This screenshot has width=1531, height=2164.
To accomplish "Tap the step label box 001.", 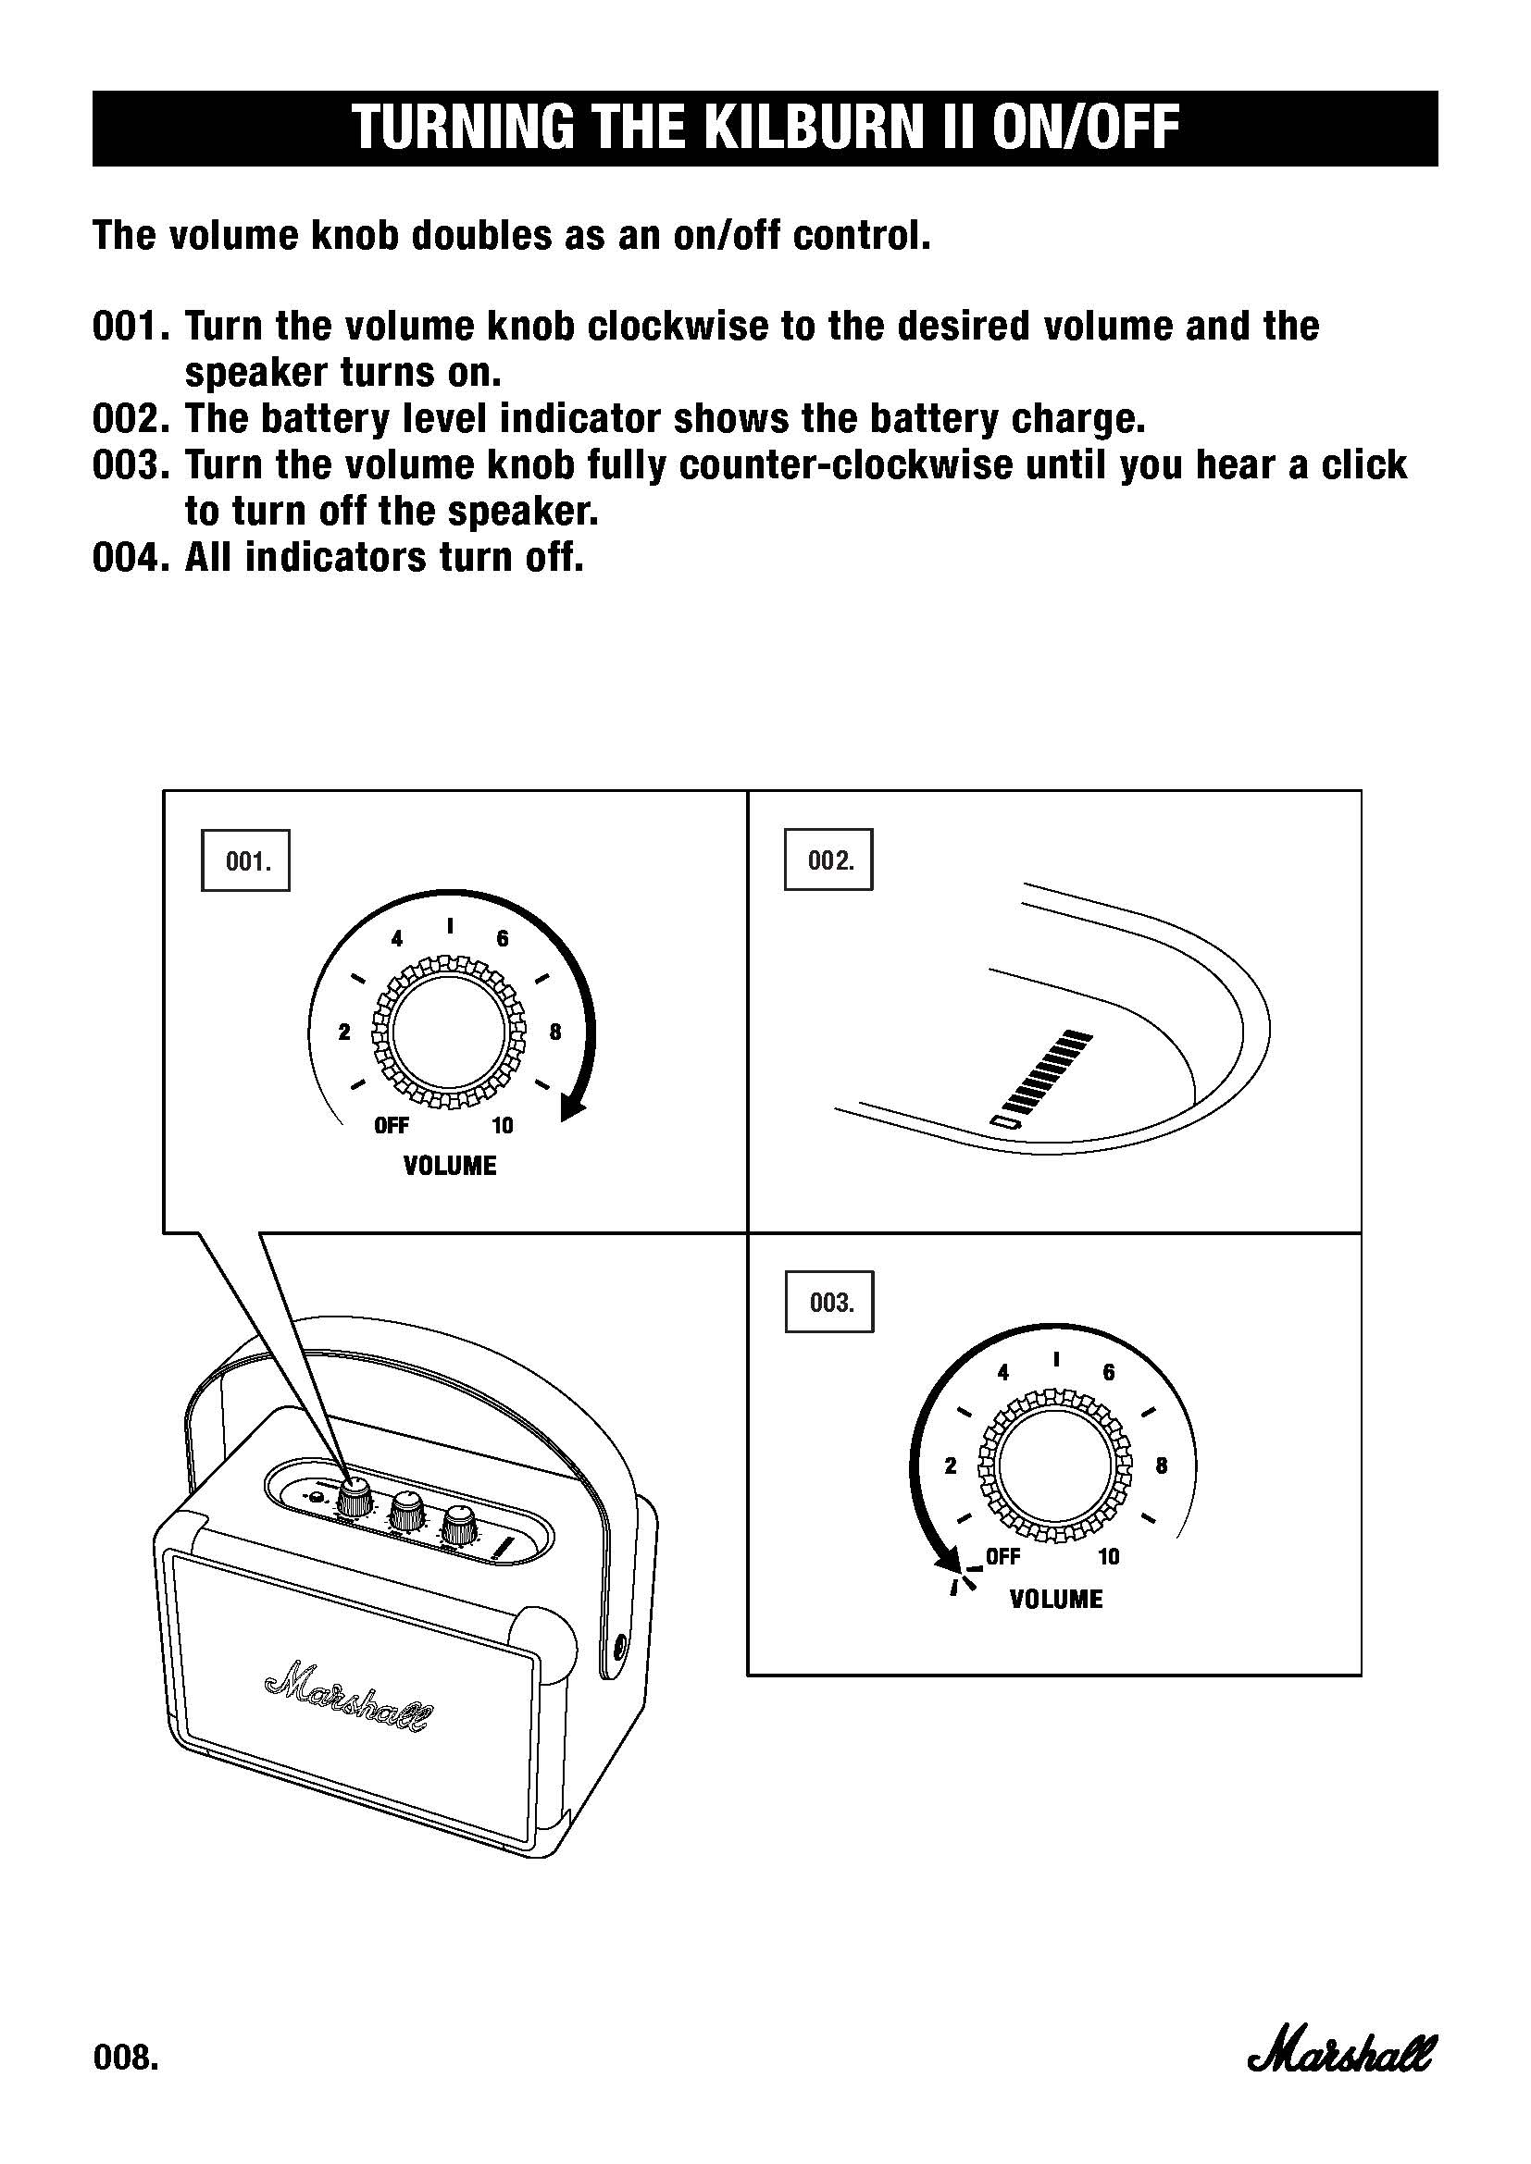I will [x=246, y=860].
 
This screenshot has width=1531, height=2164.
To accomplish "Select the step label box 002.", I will [x=828, y=859].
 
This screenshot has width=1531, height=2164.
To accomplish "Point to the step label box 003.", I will [x=829, y=1303].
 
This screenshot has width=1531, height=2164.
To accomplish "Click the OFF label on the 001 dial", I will [x=392, y=1125].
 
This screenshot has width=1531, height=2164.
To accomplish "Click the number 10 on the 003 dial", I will [x=1109, y=1557].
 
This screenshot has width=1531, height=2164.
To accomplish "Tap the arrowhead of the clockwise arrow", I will [x=572, y=1108].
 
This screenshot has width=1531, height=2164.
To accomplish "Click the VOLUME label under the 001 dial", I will [x=450, y=1167].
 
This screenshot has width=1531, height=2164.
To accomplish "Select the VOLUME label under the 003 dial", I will [x=1056, y=1600].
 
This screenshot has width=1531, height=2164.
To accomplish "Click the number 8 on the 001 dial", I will [x=555, y=1033].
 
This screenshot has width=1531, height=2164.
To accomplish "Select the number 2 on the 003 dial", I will [x=951, y=1465].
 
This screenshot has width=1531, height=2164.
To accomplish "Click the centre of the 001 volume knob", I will [x=450, y=1033].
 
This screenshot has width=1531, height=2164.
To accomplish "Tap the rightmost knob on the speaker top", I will [x=461, y=1524].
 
